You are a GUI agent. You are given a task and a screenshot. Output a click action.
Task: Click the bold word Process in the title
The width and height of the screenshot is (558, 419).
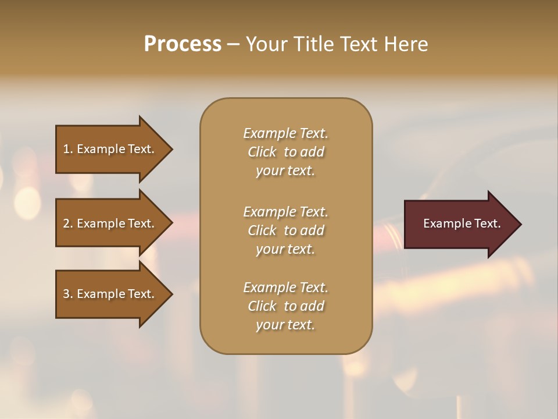coord(183,44)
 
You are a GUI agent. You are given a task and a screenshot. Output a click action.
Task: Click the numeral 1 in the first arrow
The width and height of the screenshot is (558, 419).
coord(66,149)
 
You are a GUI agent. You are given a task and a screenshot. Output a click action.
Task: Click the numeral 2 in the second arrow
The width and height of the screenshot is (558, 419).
coord(66,223)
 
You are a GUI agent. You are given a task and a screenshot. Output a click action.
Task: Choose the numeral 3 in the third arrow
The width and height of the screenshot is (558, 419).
coord(66,294)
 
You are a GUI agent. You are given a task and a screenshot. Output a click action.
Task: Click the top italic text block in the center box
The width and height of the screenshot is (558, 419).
coord(285,152)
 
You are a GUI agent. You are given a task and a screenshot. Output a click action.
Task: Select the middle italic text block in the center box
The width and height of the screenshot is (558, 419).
coord(285,230)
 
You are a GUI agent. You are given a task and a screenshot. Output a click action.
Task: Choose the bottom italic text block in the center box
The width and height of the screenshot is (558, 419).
coord(285,306)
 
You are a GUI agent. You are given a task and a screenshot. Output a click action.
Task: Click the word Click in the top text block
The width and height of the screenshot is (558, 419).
coord(262,152)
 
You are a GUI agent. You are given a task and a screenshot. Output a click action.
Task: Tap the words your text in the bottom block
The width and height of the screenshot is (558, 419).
coord(285,325)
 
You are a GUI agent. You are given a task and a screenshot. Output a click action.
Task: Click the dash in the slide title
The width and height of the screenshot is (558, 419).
coord(234,45)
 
